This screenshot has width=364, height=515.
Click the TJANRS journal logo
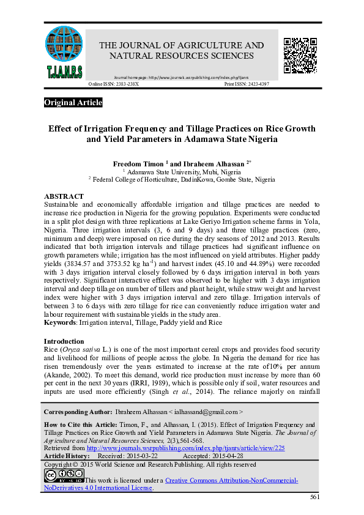64,52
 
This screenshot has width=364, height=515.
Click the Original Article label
73,103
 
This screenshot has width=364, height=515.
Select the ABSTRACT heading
64,196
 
